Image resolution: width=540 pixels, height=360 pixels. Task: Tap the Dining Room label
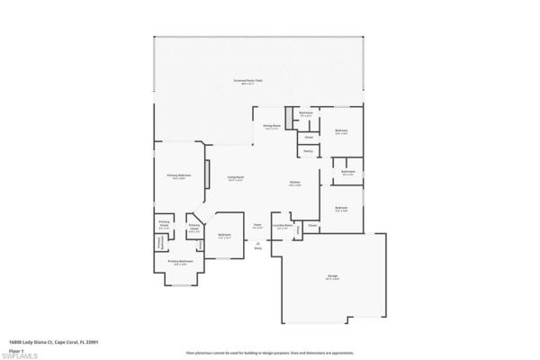point(272,126)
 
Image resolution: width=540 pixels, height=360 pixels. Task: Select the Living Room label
point(238,177)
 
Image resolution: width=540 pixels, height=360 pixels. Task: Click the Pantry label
point(309,150)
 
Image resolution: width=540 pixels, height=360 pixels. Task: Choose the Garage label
point(332,276)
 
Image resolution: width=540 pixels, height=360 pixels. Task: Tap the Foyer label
point(257,226)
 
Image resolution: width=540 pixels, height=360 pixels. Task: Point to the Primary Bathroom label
point(181,261)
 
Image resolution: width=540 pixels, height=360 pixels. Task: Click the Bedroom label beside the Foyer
point(225,236)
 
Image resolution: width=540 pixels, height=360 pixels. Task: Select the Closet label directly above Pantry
point(309,137)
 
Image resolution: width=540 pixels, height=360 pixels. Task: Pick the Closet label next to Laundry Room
point(312,224)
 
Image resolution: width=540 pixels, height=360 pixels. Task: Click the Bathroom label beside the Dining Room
point(306,113)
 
